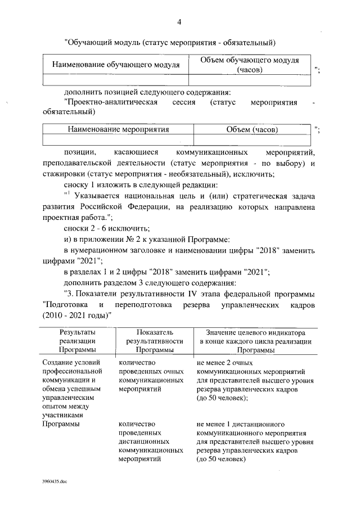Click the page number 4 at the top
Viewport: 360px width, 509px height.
[x=179, y=22]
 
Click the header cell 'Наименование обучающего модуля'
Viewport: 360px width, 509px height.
[x=116, y=65]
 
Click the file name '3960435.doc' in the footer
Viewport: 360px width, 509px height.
[x=54, y=483]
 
